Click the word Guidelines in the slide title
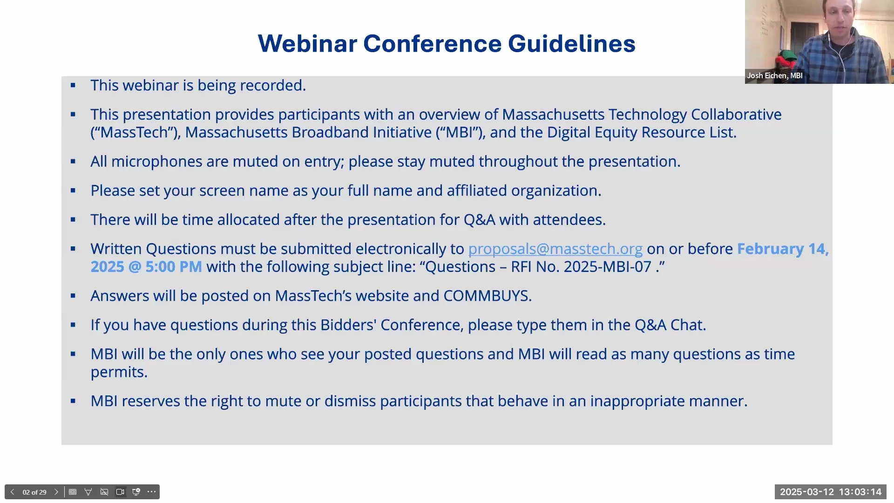click(571, 44)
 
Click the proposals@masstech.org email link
click(555, 249)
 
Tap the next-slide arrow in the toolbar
click(56, 492)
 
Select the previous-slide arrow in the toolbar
click(13, 492)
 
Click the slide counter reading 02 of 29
click(34, 492)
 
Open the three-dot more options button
click(151, 492)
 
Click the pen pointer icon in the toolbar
click(88, 492)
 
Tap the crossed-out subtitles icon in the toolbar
click(104, 492)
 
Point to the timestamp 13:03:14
click(860, 492)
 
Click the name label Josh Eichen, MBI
click(774, 75)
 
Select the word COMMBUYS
click(487, 296)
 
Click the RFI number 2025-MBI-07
click(607, 267)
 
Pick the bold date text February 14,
click(782, 249)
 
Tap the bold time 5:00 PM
click(174, 267)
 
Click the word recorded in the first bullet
click(272, 85)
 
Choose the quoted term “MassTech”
click(135, 132)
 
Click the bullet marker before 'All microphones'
click(73, 162)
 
